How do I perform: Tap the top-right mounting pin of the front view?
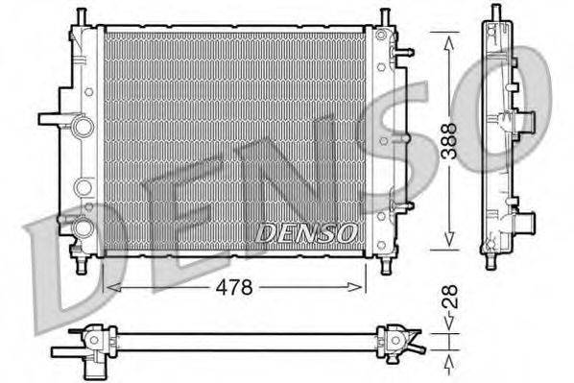point(384,17)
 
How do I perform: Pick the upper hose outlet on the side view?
point(523,123)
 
